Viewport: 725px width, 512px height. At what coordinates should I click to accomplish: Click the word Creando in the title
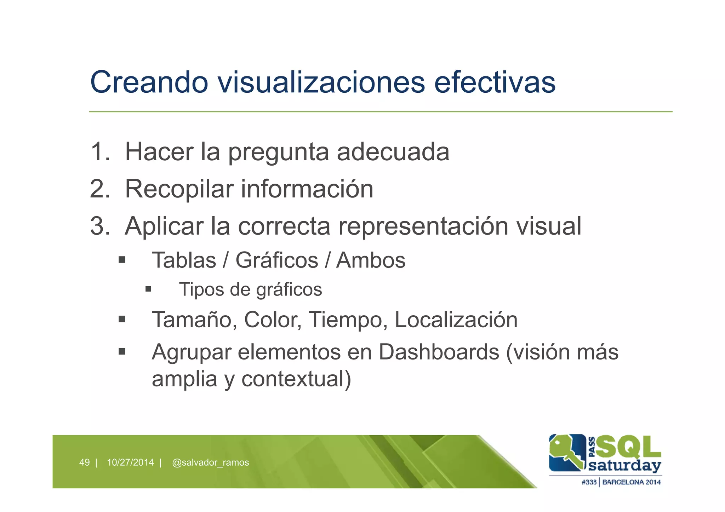click(149, 82)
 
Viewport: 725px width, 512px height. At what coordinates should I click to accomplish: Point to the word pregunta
click(278, 153)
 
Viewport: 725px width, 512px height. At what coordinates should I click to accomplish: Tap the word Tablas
click(184, 260)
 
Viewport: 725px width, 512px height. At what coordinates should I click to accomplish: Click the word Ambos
click(371, 260)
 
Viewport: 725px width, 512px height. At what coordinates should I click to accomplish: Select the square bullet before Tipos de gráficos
click(148, 289)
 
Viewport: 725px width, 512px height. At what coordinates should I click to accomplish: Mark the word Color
click(273, 320)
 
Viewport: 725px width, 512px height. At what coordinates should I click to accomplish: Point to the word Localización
click(456, 320)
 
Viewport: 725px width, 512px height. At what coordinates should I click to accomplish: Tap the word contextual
click(296, 379)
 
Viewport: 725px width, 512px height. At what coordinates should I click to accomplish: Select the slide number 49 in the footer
click(84, 462)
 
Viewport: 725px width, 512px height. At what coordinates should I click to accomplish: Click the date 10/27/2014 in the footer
click(130, 462)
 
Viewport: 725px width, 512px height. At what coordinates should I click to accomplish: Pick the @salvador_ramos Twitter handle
click(210, 462)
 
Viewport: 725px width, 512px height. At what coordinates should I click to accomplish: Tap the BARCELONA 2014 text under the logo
click(631, 482)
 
